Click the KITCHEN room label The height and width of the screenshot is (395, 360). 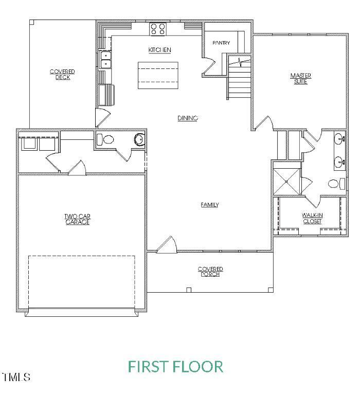(x=159, y=50)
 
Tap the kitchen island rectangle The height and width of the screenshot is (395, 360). (x=158, y=75)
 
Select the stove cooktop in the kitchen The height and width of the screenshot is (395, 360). (x=157, y=28)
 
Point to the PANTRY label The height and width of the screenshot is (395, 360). (x=221, y=43)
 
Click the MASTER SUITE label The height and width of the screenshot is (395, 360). (x=300, y=79)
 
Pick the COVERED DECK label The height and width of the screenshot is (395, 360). (x=62, y=74)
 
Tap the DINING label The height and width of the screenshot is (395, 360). (x=188, y=118)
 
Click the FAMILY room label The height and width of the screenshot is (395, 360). (x=210, y=205)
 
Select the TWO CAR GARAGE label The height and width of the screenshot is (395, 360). (x=77, y=219)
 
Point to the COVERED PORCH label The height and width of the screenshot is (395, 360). (x=210, y=271)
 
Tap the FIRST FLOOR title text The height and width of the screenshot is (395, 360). (x=175, y=367)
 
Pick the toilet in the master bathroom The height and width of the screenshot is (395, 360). (x=334, y=183)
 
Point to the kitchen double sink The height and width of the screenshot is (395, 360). (x=105, y=60)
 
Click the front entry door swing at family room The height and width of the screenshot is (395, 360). (x=167, y=245)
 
